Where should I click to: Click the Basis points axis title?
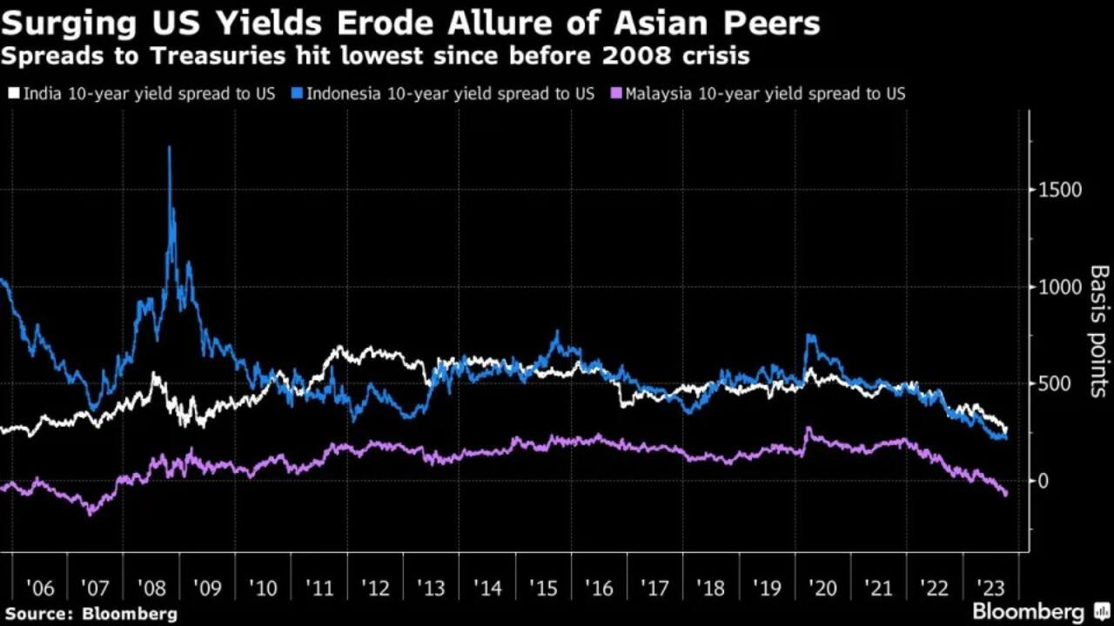[x=1098, y=331]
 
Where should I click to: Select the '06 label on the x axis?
[x=40, y=588]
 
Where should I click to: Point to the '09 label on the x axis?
[x=207, y=588]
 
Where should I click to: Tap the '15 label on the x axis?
[x=542, y=588]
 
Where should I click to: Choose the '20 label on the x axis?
[x=822, y=588]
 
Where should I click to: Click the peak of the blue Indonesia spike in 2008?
[x=169, y=148]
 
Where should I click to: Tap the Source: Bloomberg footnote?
[x=91, y=613]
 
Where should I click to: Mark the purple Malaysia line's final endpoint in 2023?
[x=1007, y=494]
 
